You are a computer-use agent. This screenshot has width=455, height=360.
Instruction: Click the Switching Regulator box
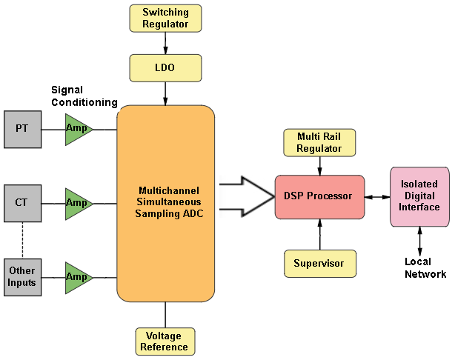(165, 18)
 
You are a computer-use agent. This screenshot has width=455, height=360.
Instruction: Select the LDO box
(165, 67)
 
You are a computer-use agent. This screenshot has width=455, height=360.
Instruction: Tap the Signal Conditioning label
(84, 96)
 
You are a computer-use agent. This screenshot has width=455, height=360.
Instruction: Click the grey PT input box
(22, 129)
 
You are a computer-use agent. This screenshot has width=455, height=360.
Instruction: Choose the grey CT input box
(22, 202)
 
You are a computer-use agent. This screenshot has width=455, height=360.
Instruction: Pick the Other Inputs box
(22, 276)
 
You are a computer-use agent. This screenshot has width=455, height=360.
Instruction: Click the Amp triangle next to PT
(77, 129)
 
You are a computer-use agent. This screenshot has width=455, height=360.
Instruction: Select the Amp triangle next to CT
(77, 202)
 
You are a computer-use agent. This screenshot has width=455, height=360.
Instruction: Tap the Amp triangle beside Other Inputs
(77, 276)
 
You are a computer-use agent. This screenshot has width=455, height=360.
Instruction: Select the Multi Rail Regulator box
(319, 142)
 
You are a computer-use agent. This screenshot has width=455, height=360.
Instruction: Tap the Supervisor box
(319, 263)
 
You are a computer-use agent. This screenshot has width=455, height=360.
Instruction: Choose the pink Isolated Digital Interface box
(419, 196)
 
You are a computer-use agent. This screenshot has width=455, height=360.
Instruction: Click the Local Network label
(425, 268)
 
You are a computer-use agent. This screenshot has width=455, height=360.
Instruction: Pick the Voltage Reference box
(165, 341)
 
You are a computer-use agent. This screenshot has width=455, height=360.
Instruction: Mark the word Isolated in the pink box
(419, 184)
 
